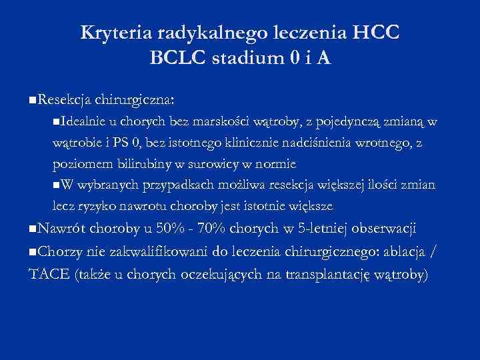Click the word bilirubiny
(x=149, y=163)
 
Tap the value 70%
(x=211, y=229)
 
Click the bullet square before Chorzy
(x=33, y=253)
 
